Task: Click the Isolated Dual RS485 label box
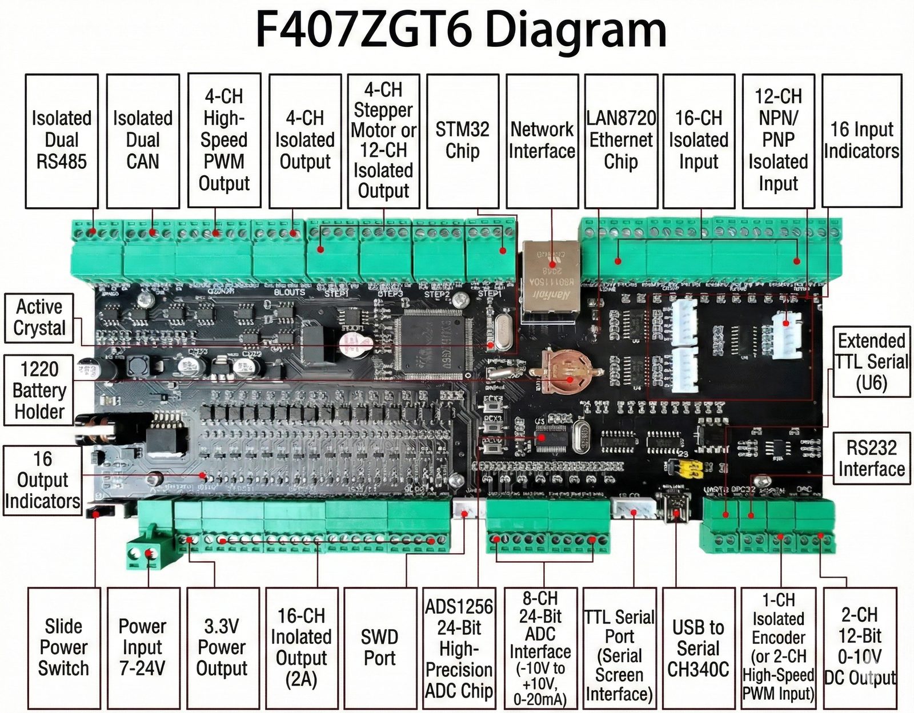(62, 140)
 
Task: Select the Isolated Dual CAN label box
(143, 140)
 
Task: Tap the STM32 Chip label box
(462, 140)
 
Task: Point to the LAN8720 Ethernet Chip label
(621, 140)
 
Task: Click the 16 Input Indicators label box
(861, 140)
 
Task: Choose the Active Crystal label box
(39, 318)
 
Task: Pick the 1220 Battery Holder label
(39, 390)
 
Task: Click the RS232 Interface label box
(871, 458)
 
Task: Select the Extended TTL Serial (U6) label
(871, 362)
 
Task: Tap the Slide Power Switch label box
(63, 648)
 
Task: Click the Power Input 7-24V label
(143, 648)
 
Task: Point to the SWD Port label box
(379, 648)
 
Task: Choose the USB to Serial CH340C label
(698, 648)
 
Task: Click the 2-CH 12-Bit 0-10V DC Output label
(860, 648)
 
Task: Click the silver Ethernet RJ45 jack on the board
(551, 274)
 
